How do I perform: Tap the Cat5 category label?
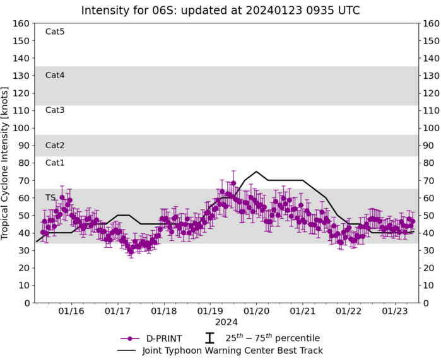pos(55,32)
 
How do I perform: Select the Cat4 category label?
pos(55,76)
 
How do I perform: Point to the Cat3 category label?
pos(55,110)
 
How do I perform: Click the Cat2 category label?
pos(55,146)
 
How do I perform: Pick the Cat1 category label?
pos(55,163)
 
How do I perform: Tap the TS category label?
pos(50,198)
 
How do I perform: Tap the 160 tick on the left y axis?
pos(22,23)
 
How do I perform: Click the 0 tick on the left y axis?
pos(27,303)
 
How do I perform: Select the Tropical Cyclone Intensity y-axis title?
pos(7,163)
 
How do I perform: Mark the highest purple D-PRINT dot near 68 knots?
pos(233,183)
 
